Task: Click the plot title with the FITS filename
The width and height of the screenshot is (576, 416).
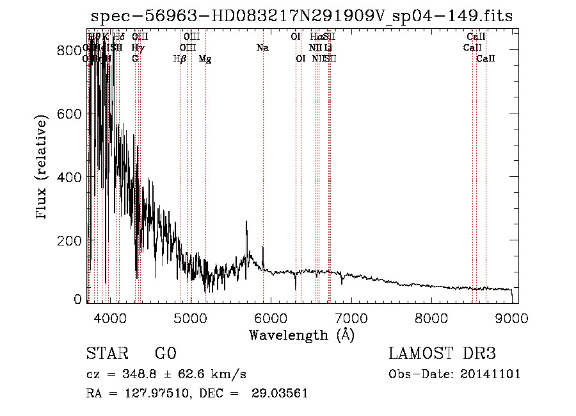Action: (302, 16)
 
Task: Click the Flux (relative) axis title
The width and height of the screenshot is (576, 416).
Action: (43, 168)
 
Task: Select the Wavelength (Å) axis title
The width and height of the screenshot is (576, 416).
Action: (301, 335)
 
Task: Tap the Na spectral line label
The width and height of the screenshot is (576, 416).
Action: (262, 48)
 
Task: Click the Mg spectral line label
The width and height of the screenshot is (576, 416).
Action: (205, 59)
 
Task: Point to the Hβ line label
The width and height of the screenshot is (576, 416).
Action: (180, 59)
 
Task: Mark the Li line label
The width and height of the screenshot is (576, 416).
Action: (328, 48)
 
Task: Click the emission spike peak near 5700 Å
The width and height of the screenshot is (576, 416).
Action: (247, 222)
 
